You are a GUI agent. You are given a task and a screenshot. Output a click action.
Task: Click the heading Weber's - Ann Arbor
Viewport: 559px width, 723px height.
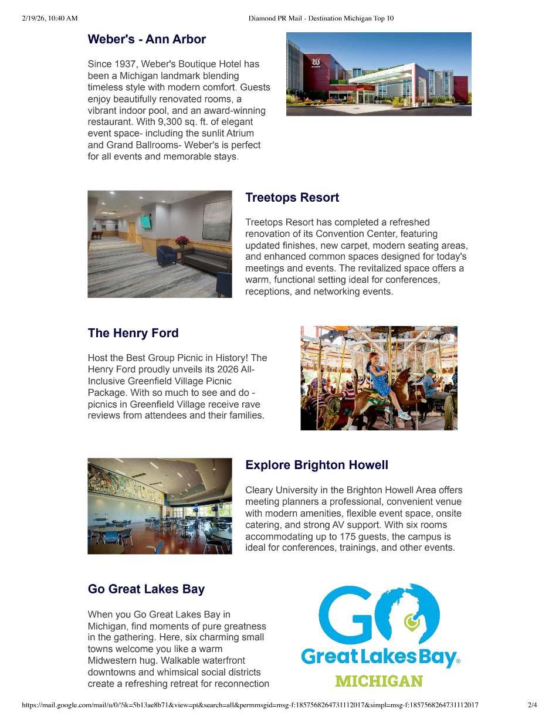click(x=147, y=39)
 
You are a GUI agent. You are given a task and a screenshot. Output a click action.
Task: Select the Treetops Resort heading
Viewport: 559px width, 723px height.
click(x=292, y=198)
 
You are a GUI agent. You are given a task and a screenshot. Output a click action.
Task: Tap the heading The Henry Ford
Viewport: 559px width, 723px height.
click(x=133, y=333)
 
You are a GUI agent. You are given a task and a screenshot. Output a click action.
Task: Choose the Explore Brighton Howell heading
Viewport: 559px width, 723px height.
click(x=317, y=465)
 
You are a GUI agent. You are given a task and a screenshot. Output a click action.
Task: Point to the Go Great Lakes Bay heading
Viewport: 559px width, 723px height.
click(x=146, y=589)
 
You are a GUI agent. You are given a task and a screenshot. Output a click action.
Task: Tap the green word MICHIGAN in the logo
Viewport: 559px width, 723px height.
click(x=379, y=681)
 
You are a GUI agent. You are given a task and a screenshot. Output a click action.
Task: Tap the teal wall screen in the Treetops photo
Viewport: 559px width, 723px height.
click(x=145, y=222)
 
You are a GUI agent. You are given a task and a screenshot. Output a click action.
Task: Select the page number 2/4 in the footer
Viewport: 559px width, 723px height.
click(x=532, y=705)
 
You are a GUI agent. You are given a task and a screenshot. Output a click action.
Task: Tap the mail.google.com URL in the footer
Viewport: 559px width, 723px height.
click(x=250, y=705)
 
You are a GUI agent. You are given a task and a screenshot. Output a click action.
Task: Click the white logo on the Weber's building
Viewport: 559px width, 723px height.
click(x=316, y=61)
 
